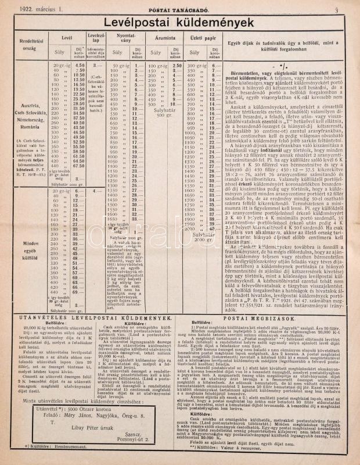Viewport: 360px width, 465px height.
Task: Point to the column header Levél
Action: (x=67, y=38)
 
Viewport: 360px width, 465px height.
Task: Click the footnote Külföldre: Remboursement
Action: (x=55, y=447)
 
